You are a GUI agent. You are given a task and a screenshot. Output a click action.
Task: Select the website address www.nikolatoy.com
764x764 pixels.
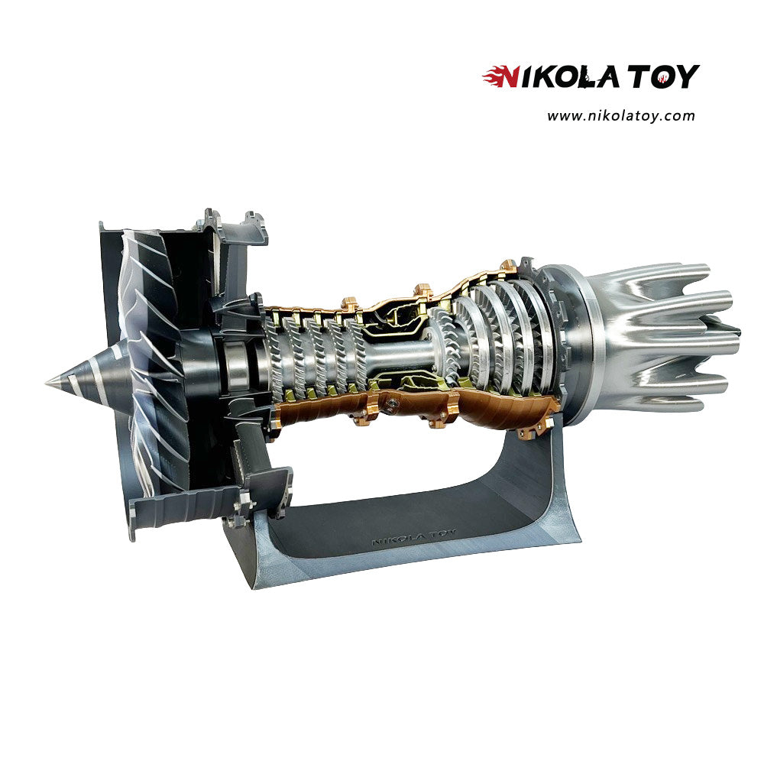click(620, 116)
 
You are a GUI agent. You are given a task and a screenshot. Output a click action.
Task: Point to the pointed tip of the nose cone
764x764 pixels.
click(45, 383)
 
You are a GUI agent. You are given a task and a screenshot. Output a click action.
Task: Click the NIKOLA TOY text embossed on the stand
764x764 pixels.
click(413, 537)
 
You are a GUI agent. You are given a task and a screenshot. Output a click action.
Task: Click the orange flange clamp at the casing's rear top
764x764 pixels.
click(508, 267)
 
